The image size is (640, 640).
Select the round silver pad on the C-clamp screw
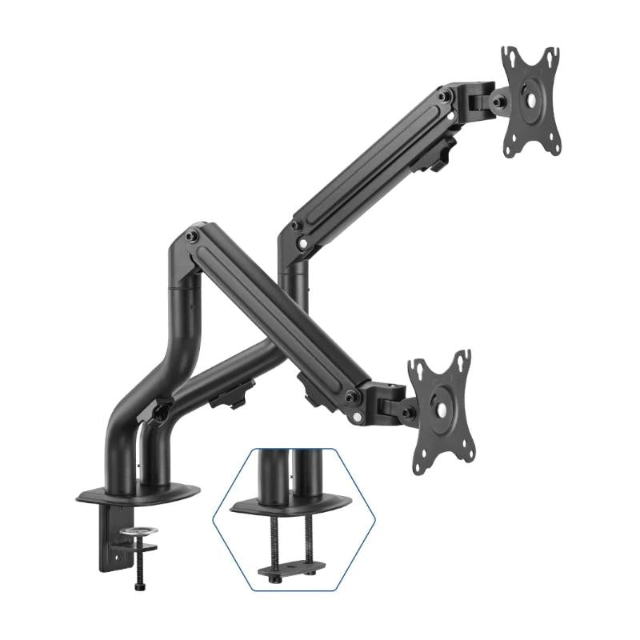138,530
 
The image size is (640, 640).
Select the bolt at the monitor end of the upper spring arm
446,97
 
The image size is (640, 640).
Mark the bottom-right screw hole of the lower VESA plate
460,455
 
